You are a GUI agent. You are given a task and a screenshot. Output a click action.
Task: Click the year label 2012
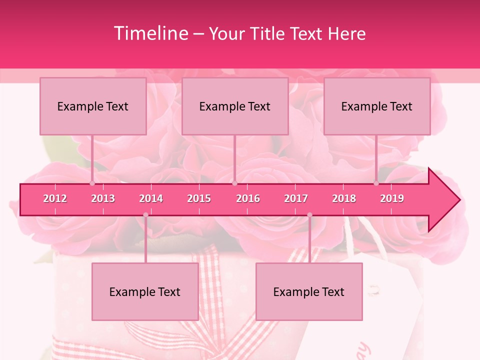click(x=55, y=198)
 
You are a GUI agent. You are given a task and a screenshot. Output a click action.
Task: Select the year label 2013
click(x=103, y=198)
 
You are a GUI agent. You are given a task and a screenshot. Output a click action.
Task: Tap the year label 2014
click(x=151, y=198)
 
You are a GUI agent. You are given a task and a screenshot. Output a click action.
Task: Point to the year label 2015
click(x=199, y=198)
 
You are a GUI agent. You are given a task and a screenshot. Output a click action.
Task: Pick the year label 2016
click(x=248, y=198)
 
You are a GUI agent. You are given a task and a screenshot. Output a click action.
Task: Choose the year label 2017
click(x=296, y=198)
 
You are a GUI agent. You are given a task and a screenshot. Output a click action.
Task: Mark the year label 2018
click(x=344, y=198)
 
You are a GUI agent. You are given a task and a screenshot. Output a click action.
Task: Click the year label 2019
click(x=392, y=198)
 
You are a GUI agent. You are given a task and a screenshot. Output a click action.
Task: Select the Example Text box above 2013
click(x=93, y=106)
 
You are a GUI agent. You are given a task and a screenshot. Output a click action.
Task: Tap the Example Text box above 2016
click(x=235, y=106)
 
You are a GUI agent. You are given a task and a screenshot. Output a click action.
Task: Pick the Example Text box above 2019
click(x=377, y=106)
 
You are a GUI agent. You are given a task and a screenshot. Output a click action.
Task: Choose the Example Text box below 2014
click(x=145, y=291)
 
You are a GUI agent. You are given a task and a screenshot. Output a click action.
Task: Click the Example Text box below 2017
click(x=309, y=291)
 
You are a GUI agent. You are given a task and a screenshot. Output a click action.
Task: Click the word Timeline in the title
click(x=150, y=33)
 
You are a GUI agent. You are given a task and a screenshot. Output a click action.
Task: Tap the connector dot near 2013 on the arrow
click(x=92, y=183)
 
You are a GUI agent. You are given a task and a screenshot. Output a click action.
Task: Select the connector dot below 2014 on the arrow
click(x=145, y=215)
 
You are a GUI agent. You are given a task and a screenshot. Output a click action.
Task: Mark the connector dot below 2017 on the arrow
click(x=309, y=215)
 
